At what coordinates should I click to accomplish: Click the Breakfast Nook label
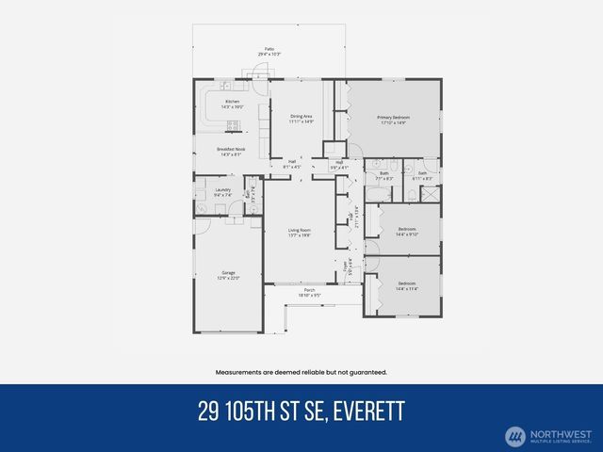[232, 152]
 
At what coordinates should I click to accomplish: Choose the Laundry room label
[223, 192]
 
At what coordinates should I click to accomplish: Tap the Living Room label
[300, 233]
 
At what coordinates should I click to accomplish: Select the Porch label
[308, 292]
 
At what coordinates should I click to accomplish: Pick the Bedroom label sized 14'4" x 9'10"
[407, 231]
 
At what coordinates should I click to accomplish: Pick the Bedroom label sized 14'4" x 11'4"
[407, 285]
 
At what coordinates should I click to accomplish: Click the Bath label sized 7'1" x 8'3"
[384, 176]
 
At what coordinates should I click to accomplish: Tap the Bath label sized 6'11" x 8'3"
[423, 176]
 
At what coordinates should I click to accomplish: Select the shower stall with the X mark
[429, 195]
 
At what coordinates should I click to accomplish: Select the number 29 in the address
[209, 412]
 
